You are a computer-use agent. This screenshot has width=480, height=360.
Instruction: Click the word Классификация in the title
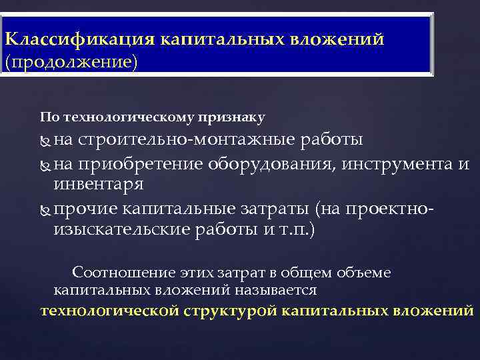79,38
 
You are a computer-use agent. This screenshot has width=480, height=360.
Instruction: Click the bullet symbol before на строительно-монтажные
45,141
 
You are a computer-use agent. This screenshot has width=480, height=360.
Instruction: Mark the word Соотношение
124,273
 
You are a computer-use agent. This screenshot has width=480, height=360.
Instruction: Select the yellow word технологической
109,311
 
